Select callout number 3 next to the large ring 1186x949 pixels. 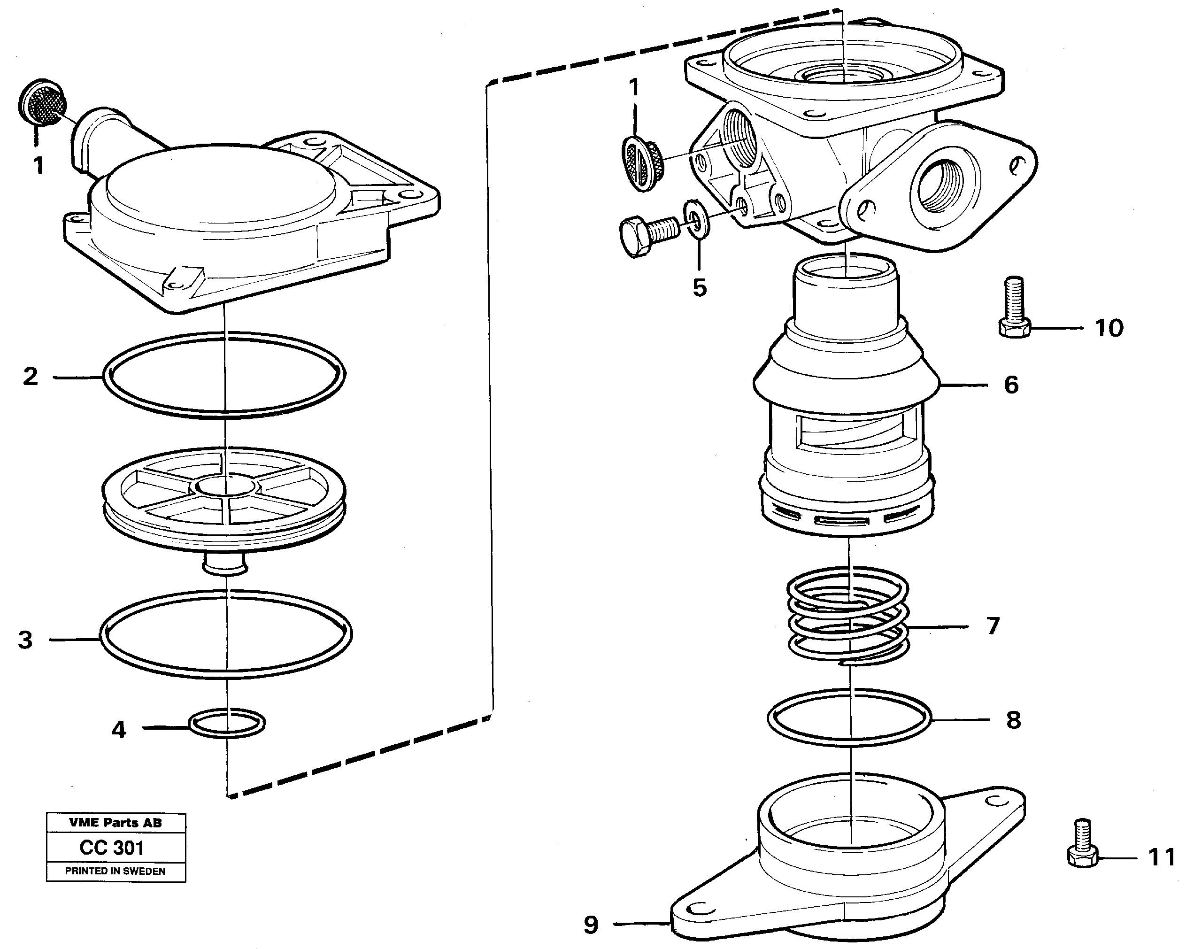pos(25,640)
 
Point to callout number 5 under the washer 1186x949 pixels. pos(699,288)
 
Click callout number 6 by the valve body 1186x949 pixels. pos(1011,385)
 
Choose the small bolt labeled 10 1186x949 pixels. pos(1014,308)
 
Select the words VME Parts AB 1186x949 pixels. pos(115,823)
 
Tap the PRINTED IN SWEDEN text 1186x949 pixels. pos(115,871)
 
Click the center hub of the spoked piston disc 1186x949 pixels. pos(225,486)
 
